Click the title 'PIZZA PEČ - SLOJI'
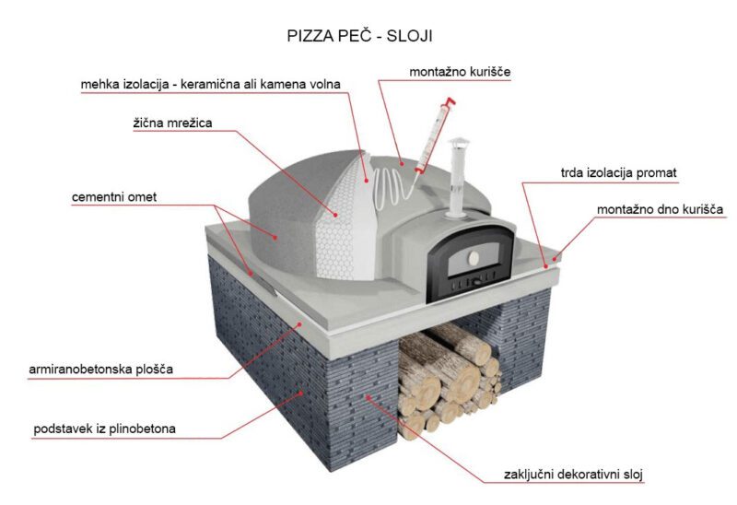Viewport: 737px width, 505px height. [359, 36]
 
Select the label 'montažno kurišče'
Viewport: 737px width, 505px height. [460, 72]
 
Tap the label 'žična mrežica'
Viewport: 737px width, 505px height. [172, 123]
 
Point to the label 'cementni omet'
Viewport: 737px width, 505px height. [114, 197]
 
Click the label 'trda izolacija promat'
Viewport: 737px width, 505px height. [618, 173]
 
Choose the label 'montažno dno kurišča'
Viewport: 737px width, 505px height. [660, 209]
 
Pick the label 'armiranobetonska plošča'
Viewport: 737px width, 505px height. [100, 370]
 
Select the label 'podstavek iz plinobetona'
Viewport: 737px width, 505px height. [104, 429]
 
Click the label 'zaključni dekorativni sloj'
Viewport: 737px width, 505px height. [573, 475]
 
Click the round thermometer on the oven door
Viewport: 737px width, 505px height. [473, 257]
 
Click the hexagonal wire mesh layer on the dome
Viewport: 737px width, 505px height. [336, 226]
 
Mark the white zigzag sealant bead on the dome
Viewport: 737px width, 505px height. [390, 188]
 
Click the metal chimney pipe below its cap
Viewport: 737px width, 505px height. [456, 183]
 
